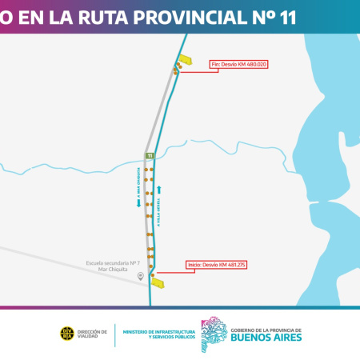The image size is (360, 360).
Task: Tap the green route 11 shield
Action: coord(150,155)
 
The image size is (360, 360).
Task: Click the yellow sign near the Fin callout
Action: coord(186,59)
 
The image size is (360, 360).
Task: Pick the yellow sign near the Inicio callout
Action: coord(158,282)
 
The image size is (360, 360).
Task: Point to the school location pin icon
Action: coord(141,276)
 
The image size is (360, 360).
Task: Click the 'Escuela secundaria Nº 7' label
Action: coord(113,263)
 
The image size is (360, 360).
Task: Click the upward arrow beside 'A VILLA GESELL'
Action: coord(160,190)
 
